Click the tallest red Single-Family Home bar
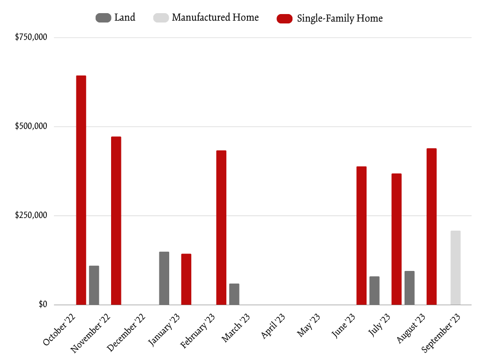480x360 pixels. [81, 190]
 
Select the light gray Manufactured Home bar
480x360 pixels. [455, 268]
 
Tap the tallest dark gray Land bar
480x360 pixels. [164, 278]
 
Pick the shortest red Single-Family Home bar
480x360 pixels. [186, 279]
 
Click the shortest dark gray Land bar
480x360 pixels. [234, 294]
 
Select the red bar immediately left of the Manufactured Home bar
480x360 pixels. [431, 226]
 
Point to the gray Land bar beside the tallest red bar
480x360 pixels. [94, 285]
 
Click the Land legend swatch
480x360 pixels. [103, 18]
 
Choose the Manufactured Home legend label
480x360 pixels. [215, 18]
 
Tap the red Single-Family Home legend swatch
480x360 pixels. [285, 18]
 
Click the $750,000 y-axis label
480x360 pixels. [31, 37]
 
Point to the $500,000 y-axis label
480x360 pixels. [31, 127]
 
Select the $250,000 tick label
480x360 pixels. [31, 216]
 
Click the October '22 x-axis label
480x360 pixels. [60, 331]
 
